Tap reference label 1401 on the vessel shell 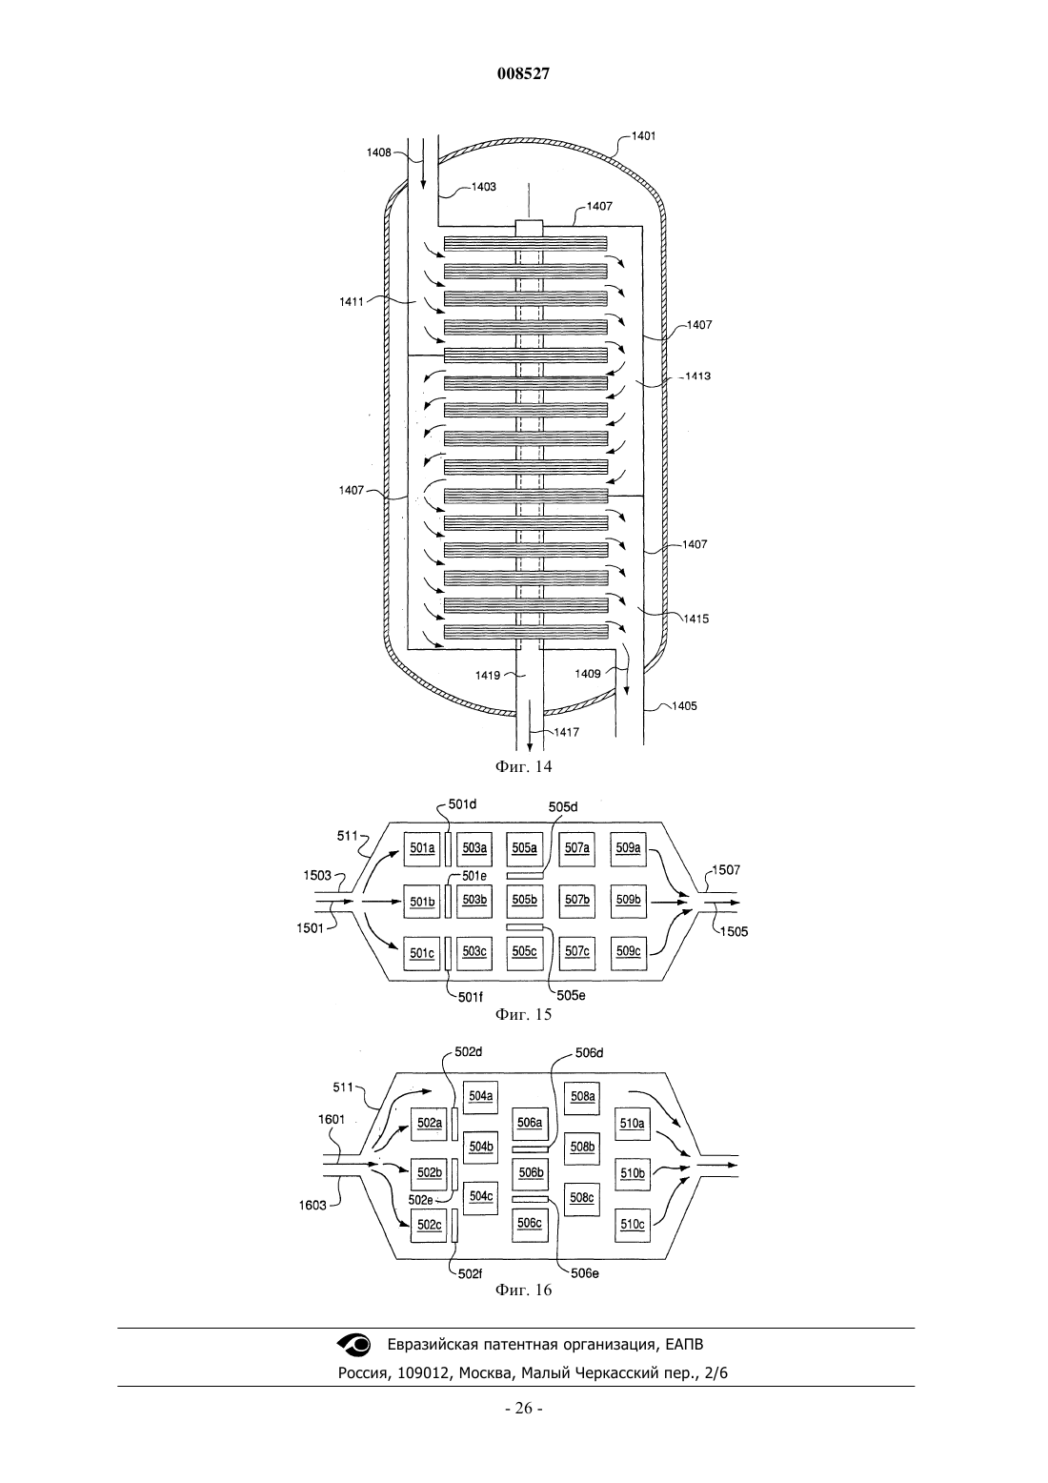643,135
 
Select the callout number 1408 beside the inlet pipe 379,152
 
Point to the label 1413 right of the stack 697,376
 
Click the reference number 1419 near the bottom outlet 487,676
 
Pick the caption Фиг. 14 523,766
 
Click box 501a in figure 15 422,849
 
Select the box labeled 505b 524,901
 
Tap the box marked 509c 629,952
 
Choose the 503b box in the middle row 474,901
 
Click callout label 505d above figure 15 563,807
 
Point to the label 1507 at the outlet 726,870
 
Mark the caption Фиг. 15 523,1014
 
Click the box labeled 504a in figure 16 480,1096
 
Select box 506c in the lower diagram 530,1224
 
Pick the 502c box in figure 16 430,1226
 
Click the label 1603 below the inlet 312,1206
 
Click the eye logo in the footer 355,1345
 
